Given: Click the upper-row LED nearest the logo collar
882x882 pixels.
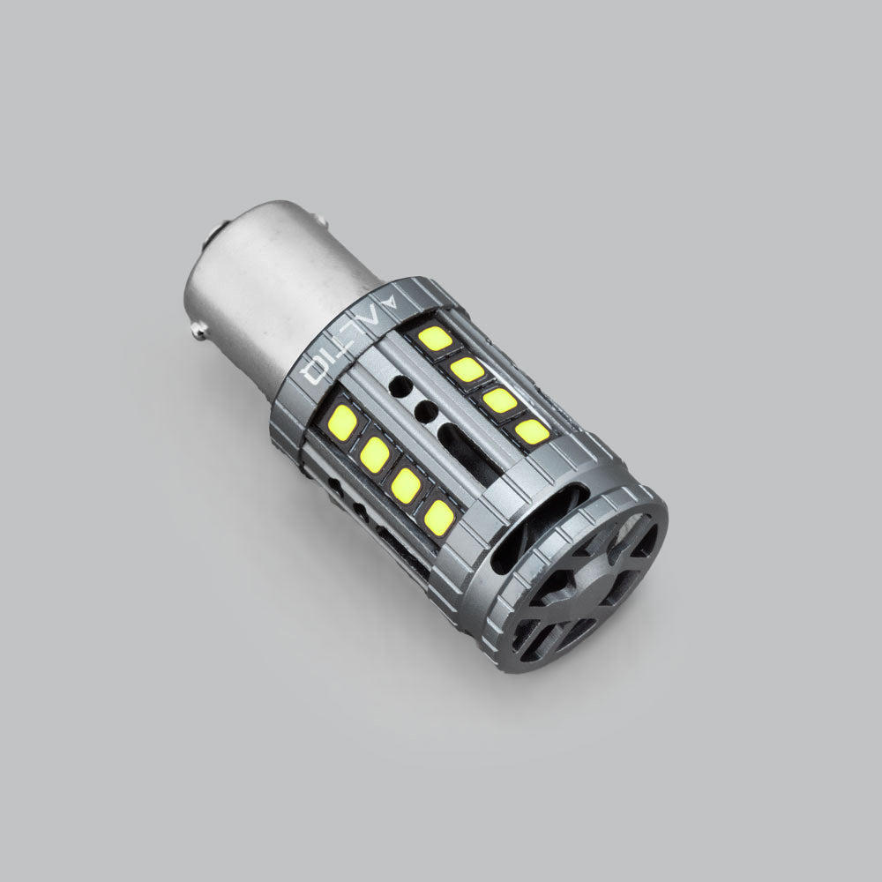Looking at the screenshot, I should pyautogui.click(x=434, y=338).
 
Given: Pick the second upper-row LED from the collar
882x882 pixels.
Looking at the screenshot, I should pyautogui.click(x=467, y=370).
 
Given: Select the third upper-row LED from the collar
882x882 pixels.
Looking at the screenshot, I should pyautogui.click(x=499, y=400).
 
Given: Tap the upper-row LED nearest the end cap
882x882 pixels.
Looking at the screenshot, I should pyautogui.click(x=532, y=431).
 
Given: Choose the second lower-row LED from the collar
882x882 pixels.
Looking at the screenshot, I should pyautogui.click(x=374, y=454).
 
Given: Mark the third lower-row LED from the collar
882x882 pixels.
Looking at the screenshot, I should pyautogui.click(x=406, y=485).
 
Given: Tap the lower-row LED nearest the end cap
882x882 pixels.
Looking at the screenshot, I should pyautogui.click(x=438, y=518).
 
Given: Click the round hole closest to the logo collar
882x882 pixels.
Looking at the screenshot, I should pyautogui.click(x=400, y=385).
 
